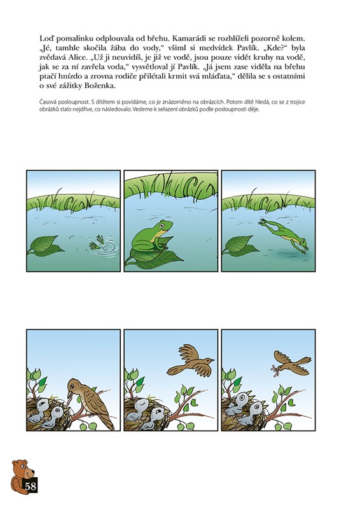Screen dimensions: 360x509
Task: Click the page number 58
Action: pos(30,486)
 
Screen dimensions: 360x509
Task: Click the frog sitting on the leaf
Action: pos(151,236)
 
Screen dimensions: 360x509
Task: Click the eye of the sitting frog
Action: pos(162,224)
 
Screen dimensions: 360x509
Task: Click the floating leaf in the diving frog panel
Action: pos(240,246)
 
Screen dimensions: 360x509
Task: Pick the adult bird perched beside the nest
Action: pos(90,403)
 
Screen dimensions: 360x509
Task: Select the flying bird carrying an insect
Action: pos(291,363)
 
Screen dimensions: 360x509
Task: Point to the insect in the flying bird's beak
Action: pos(275,370)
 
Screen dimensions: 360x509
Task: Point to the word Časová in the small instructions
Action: pos(48,102)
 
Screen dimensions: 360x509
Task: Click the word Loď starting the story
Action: pos(46,39)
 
